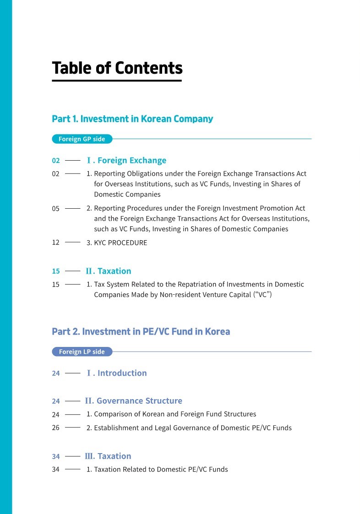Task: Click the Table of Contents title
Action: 117,68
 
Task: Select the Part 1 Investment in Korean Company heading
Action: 132,119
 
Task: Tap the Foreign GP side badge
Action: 82,139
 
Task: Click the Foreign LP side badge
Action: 82,352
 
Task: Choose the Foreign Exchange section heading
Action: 126,161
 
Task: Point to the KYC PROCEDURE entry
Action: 117,243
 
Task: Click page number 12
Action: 56,243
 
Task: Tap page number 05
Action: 56,209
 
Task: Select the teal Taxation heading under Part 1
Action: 109,271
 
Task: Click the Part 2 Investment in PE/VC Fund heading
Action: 141,331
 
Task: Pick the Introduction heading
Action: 117,373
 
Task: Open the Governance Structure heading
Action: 133,401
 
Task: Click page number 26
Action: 56,428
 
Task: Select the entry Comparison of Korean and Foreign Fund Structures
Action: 171,414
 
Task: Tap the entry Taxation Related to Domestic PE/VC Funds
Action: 157,470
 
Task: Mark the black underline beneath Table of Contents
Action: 117,81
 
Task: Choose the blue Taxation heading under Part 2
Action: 108,456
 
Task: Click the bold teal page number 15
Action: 56,271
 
